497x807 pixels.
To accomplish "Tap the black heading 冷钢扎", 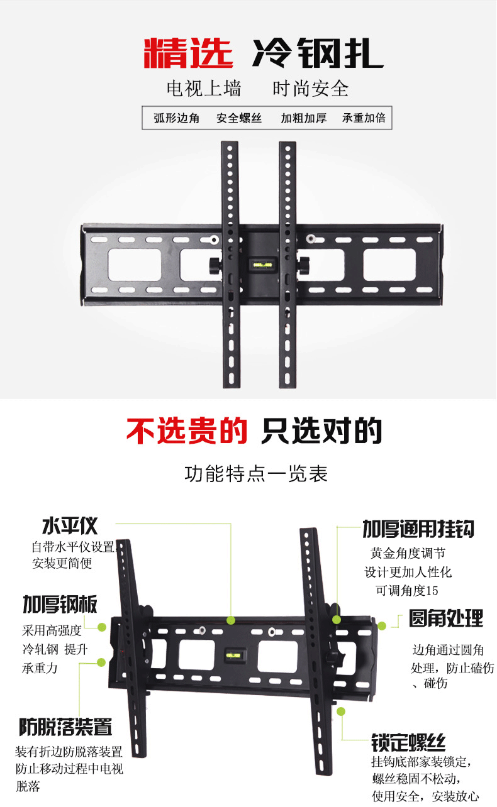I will click(x=317, y=53).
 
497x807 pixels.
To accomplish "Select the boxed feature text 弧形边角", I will click(x=177, y=118).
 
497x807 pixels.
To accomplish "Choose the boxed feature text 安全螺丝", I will click(x=239, y=118).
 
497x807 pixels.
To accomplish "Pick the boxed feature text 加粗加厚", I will click(x=303, y=118).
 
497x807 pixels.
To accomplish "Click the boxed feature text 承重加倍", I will click(x=363, y=118).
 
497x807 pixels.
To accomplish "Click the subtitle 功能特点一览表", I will click(x=256, y=473).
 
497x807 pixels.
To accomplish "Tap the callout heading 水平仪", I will click(x=70, y=525).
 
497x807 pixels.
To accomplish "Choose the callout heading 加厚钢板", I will click(x=60, y=605).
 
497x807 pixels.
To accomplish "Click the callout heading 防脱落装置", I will click(x=65, y=727).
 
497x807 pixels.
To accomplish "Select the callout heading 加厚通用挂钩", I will click(x=418, y=529).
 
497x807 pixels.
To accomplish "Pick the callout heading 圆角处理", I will click(x=446, y=618).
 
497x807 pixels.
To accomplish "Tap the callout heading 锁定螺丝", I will click(x=408, y=742).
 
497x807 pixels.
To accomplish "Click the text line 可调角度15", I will click(x=406, y=590).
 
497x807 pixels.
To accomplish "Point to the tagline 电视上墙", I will click(x=204, y=89).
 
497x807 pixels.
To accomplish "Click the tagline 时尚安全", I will click(x=310, y=89).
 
